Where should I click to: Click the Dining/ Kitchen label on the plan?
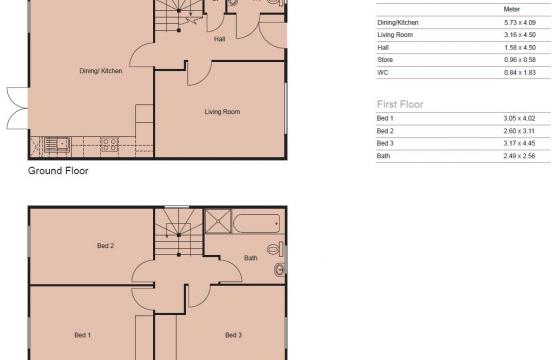click(100, 71)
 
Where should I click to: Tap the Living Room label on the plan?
click(221, 112)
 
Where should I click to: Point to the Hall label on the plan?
click(219, 40)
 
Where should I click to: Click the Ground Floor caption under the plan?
click(59, 171)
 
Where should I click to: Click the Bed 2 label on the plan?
click(105, 245)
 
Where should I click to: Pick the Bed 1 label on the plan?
click(83, 334)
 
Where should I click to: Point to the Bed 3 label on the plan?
click(233, 334)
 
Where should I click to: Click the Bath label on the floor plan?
click(251, 258)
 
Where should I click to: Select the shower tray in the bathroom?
click(218, 222)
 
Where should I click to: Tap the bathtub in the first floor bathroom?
click(258, 222)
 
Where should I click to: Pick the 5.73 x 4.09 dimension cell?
click(519, 21)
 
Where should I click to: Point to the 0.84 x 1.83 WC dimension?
click(519, 72)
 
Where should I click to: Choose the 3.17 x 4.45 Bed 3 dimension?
click(519, 143)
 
